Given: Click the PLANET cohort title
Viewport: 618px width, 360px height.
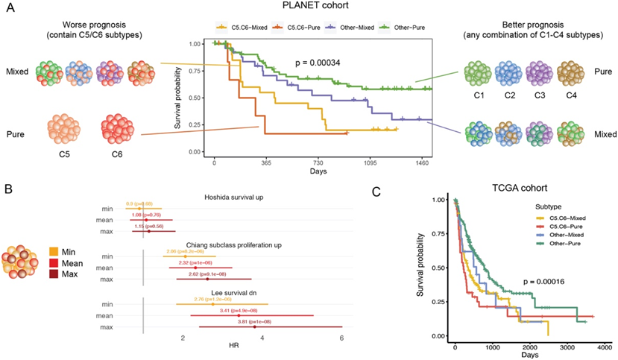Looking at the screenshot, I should point(308,7).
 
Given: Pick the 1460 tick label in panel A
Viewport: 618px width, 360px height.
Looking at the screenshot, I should point(422,162).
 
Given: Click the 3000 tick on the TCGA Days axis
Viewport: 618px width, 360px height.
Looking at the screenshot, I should point(564,348).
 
